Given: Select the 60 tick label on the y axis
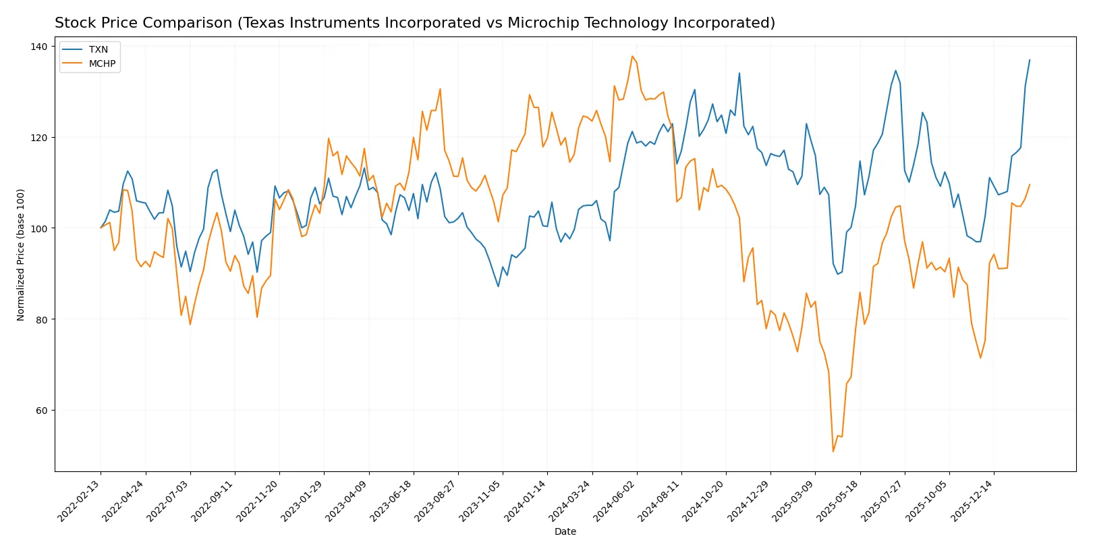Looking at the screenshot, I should [x=42, y=411].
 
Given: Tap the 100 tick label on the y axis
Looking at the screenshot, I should [x=39, y=228].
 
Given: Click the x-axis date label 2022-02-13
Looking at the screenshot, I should [x=80, y=501].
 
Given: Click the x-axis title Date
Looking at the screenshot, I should [x=565, y=532].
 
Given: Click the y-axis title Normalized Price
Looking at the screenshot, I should [x=21, y=255].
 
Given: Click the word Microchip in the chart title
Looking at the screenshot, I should [x=538, y=23].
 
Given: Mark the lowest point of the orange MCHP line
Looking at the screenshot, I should [x=833, y=451].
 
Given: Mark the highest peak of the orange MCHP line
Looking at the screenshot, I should [x=632, y=56].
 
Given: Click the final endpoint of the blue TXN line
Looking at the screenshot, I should [x=1030, y=60].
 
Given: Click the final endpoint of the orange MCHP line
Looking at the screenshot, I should [x=1030, y=184].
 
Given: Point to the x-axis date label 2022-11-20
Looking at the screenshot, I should [x=258, y=501].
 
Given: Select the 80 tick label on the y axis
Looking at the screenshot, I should [x=42, y=319].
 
